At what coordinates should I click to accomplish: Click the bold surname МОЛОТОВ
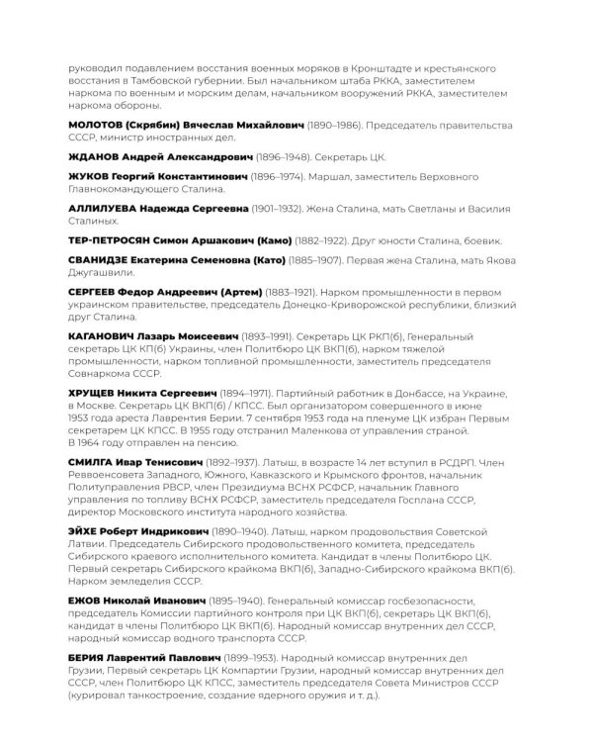pyautogui.click(x=95, y=128)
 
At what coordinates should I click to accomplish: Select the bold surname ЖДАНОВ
pyautogui.click(x=91, y=156)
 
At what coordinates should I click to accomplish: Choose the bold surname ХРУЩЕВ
pyautogui.click(x=92, y=393)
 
